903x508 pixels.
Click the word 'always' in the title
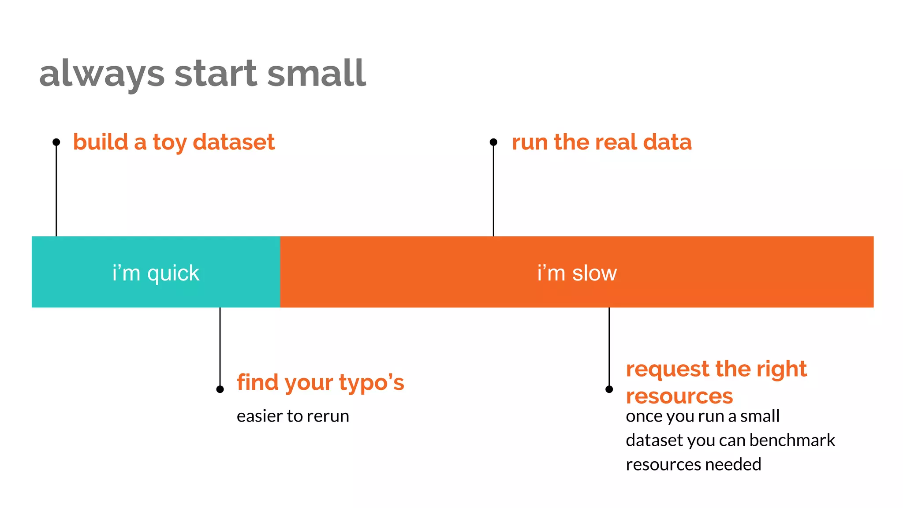pyautogui.click(x=102, y=74)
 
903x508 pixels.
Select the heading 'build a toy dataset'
pyautogui.click(x=174, y=142)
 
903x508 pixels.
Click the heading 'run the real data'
pyautogui.click(x=601, y=142)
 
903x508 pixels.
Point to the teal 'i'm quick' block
pyautogui.click(x=156, y=272)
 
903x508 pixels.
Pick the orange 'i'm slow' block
pyautogui.click(x=577, y=272)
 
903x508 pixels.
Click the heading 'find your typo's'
pyautogui.click(x=320, y=382)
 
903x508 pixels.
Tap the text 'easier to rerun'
pyautogui.click(x=293, y=416)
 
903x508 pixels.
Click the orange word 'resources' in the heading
pyautogui.click(x=679, y=396)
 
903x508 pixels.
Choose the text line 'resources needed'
pyautogui.click(x=693, y=464)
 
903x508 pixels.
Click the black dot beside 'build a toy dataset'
pyautogui.click(x=56, y=142)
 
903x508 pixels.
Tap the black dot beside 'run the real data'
pyautogui.click(x=493, y=142)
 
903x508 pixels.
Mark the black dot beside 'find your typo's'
pyautogui.click(x=220, y=389)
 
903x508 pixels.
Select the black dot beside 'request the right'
pyautogui.click(x=609, y=389)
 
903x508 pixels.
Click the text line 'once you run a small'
pyautogui.click(x=702, y=416)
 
